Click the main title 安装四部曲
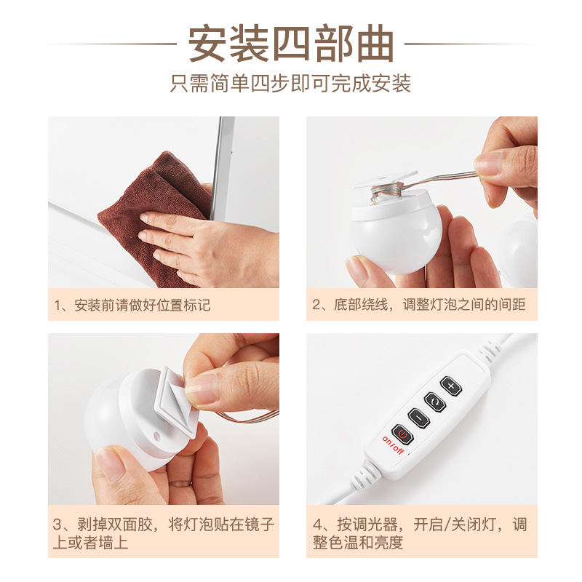[x=291, y=44]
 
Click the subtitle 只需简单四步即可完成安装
[x=291, y=83]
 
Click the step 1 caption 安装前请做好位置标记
[x=132, y=305]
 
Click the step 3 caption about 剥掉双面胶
[x=164, y=533]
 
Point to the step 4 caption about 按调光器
[x=420, y=533]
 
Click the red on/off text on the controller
[x=394, y=445]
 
